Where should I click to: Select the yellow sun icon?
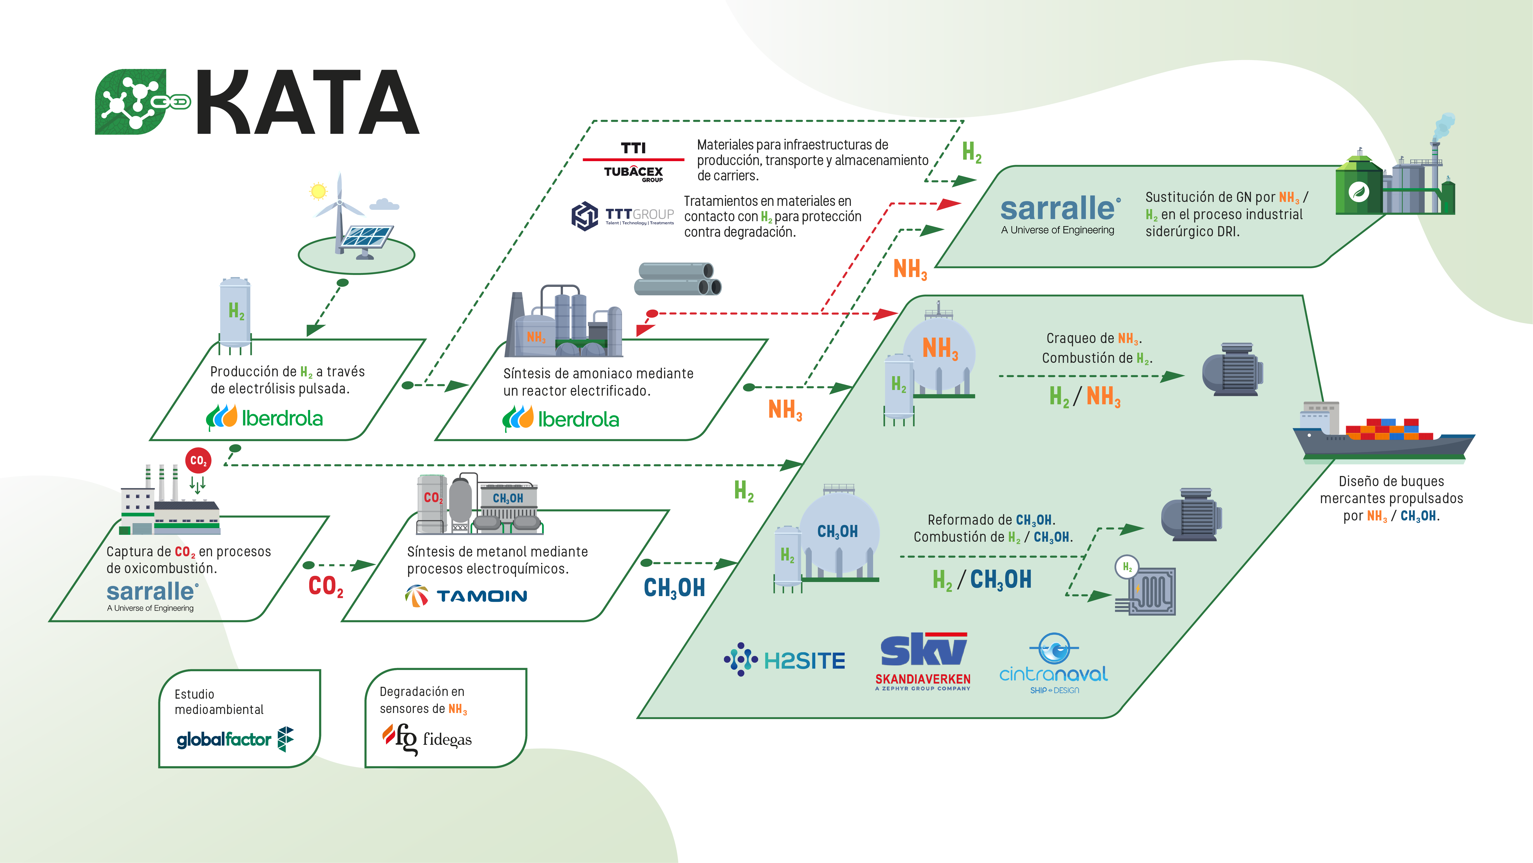[x=318, y=191]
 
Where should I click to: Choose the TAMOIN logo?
[x=466, y=595]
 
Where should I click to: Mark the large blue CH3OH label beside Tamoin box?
[x=674, y=588]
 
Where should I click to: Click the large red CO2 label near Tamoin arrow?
[x=325, y=586]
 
